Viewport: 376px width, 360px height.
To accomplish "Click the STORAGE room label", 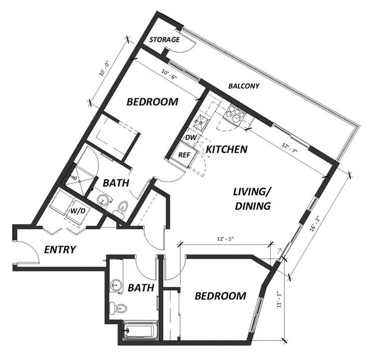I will (164, 40).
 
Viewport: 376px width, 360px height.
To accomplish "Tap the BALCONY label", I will (244, 86).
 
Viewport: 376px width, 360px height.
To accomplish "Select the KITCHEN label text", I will (227, 149).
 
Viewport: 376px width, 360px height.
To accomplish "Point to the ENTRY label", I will (60, 250).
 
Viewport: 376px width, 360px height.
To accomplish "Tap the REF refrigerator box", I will (185, 155).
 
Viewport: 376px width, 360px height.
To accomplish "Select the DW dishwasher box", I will (190, 138).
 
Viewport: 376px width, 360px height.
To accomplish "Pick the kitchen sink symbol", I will (202, 123).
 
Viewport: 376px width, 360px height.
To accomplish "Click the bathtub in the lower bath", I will (140, 331).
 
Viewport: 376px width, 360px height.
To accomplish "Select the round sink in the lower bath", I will (116, 285).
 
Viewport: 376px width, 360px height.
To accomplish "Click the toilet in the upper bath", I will (122, 207).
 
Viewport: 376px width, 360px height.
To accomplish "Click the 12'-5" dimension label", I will (228, 238).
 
